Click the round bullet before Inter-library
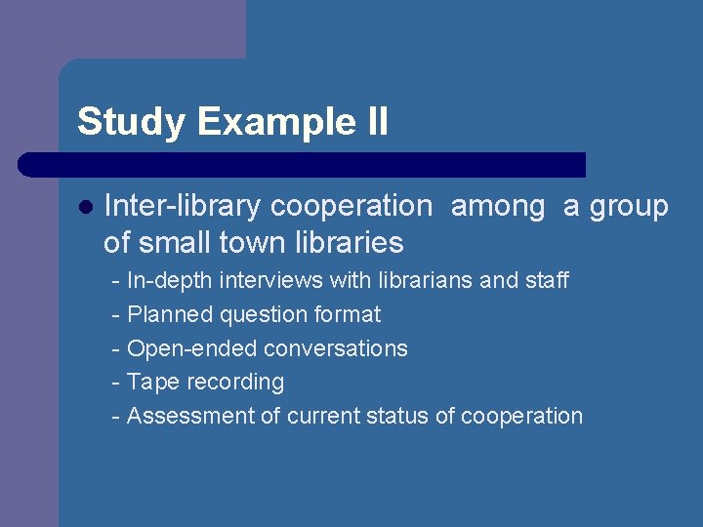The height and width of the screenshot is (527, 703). pos(85,207)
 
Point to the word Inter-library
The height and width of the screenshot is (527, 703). pos(183,207)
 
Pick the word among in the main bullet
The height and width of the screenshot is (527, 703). pos(498,207)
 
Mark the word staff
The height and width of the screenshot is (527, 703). pos(547,281)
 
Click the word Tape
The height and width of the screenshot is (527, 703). pos(147,382)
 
